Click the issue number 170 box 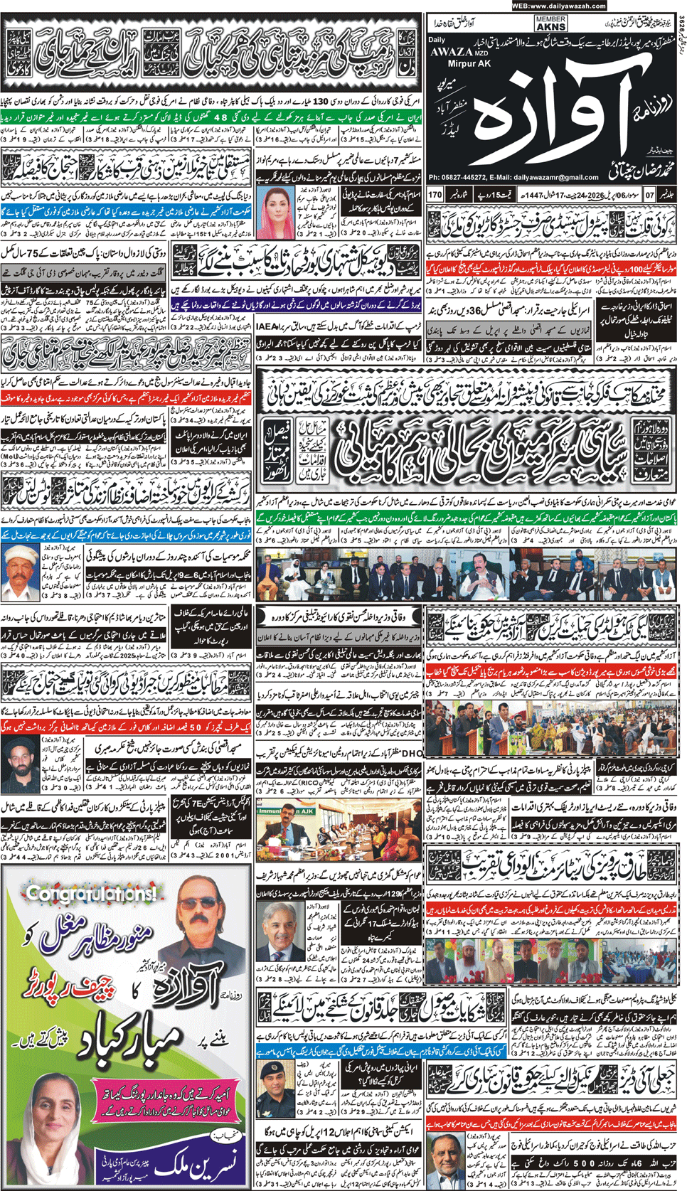coord(435,194)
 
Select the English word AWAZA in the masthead coord(450,51)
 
